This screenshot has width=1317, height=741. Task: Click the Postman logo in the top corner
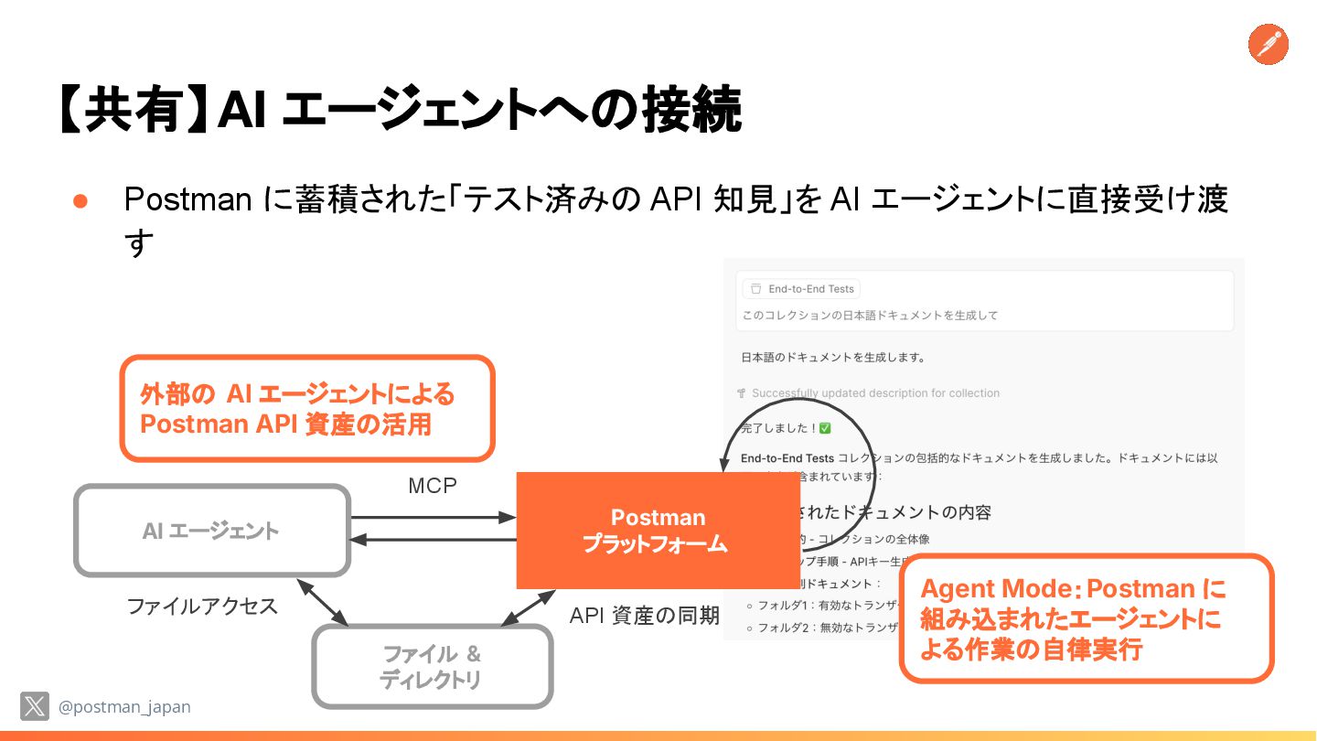tap(1268, 45)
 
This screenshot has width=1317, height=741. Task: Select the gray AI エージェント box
tap(211, 531)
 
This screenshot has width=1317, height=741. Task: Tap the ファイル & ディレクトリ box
tap(432, 667)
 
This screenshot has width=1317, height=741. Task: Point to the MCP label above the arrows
tap(432, 486)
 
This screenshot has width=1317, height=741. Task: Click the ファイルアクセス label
tap(201, 606)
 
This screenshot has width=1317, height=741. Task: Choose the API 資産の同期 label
tap(644, 616)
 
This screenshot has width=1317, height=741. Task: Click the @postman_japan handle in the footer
tap(124, 707)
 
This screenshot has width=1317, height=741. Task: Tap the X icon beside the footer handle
tap(35, 706)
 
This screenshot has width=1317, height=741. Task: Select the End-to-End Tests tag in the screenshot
tap(801, 289)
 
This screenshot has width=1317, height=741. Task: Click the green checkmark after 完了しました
tap(825, 428)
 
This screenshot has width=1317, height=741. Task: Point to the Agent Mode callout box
tap(1087, 618)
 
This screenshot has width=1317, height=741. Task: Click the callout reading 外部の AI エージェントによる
tap(307, 408)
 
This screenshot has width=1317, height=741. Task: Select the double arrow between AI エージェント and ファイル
tap(322, 602)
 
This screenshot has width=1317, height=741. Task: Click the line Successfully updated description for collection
tap(875, 393)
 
